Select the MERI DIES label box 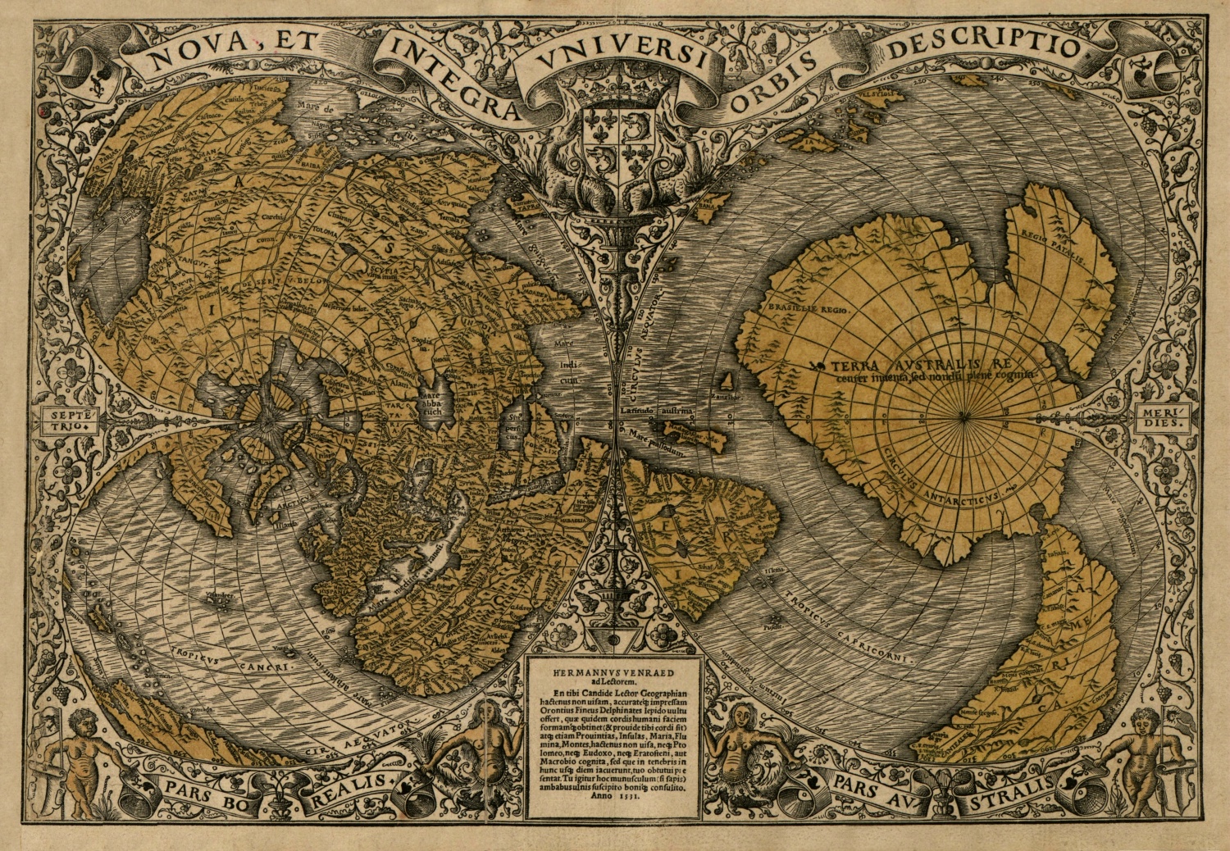pos(1158,419)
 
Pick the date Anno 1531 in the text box pos(613,807)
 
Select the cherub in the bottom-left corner pos(82,758)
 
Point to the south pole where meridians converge pos(963,417)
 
